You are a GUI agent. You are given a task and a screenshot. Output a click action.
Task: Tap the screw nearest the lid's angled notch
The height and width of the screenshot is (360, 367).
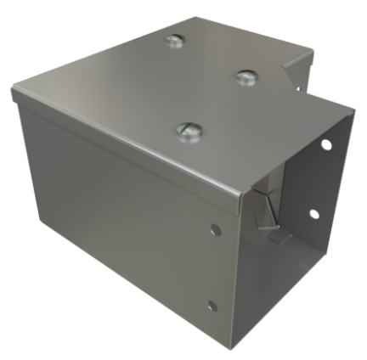point(246,77)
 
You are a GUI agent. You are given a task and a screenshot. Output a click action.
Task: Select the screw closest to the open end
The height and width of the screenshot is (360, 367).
point(189,130)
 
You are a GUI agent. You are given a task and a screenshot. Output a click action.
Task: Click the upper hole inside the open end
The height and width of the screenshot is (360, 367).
point(325,145)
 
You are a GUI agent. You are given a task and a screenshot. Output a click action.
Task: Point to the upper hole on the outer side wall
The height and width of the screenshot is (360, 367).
point(216,229)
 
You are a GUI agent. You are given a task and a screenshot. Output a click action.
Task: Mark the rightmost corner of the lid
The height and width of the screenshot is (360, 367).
point(350,108)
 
